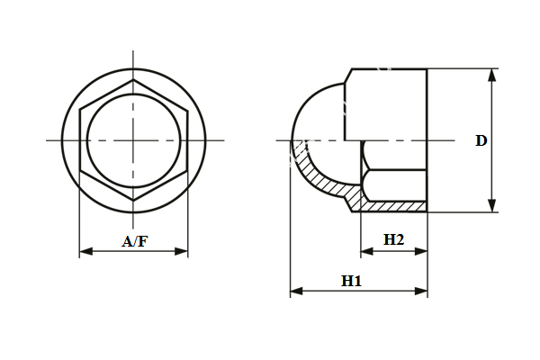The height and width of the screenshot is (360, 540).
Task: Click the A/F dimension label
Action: pos(134,240)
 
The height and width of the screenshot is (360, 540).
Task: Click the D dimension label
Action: pos(481,140)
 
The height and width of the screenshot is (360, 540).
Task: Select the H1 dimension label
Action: pos(351,281)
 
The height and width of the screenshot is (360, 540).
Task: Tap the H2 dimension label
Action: pos(393,239)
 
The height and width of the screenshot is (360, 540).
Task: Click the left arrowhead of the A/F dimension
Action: pos(85,251)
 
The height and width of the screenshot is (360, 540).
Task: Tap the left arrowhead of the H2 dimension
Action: pos(365,251)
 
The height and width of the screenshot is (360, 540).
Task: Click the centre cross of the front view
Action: pos(134,140)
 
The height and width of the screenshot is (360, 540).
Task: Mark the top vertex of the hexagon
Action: pos(134,80)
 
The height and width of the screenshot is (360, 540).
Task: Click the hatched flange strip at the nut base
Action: pos(391,206)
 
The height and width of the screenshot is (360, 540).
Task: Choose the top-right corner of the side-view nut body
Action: pos(427,69)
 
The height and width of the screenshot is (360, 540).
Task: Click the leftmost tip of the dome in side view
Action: pos(291,140)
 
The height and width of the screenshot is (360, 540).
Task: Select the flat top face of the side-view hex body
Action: pos(387,69)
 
